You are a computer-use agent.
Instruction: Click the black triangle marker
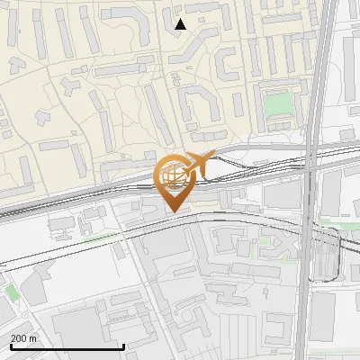click(x=180, y=24)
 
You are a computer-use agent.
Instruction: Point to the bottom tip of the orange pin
click(x=173, y=213)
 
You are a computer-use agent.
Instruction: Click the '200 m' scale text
click(x=23, y=337)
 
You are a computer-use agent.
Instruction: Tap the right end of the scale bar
click(x=124, y=346)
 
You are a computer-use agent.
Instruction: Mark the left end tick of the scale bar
click(x=10, y=346)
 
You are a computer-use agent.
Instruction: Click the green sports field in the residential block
click(x=278, y=104)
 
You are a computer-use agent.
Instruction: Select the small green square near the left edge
click(x=11, y=292)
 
